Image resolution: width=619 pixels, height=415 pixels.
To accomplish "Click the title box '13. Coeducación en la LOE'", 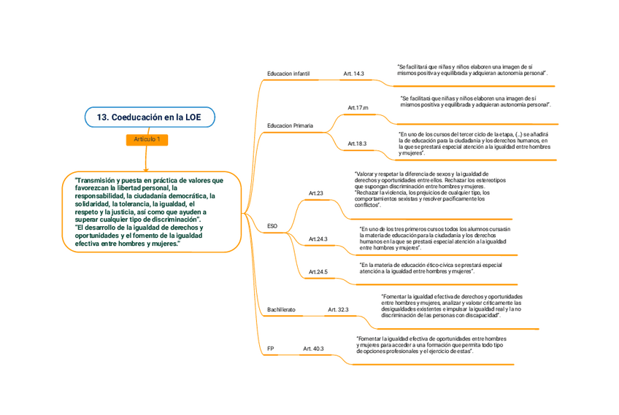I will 151,117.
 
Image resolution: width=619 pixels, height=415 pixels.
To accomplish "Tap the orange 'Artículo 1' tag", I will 147,139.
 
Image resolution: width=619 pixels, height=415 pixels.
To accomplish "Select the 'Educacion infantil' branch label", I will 288,74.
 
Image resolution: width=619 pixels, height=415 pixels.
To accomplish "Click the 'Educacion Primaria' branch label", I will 290,125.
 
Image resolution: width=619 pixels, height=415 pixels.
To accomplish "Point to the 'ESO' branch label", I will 272,226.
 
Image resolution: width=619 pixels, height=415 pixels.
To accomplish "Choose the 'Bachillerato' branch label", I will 281,310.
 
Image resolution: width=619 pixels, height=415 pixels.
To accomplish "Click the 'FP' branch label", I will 270,349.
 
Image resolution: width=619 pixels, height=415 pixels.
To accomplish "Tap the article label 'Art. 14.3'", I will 353,74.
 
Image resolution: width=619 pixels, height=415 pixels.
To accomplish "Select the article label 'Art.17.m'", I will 358,108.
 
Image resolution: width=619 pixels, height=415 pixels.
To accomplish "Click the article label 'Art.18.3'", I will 357,144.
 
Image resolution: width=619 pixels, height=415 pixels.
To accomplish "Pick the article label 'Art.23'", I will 315,193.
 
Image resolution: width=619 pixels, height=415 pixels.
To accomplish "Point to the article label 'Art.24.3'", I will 318,239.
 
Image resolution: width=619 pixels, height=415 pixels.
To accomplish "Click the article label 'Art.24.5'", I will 318,271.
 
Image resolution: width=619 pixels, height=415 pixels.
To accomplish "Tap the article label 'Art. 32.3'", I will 338,310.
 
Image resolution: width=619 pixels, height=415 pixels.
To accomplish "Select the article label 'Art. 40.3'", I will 313,349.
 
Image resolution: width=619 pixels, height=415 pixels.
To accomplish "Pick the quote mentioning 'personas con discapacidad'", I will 451,306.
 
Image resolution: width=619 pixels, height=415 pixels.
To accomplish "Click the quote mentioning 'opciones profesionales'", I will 431,345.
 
